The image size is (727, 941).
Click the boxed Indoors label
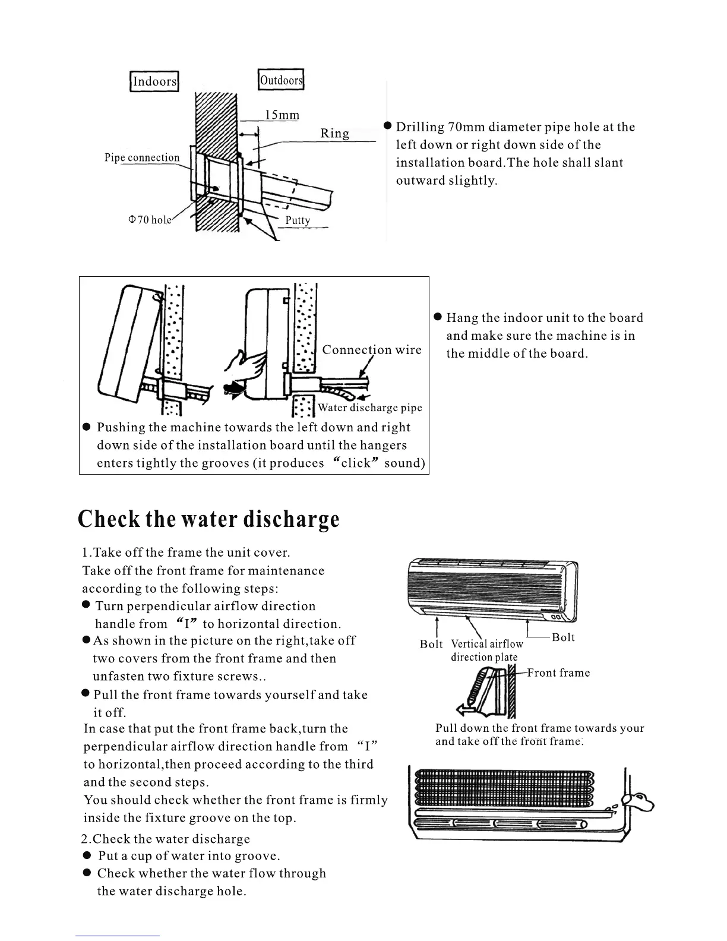[154, 81]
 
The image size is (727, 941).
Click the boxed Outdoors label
[281, 80]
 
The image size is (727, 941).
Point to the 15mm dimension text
[282, 115]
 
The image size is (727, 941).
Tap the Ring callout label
[335, 133]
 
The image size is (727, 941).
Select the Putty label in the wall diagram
[298, 220]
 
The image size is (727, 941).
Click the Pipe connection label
[142, 158]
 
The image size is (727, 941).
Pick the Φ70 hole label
[150, 220]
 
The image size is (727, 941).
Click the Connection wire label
[372, 350]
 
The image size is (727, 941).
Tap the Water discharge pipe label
[370, 408]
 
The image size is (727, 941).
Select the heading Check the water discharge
[208, 519]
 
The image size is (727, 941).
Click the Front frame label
[559, 673]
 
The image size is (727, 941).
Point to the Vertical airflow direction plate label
[486, 651]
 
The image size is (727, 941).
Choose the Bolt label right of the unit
[563, 637]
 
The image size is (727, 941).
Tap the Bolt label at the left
[431, 644]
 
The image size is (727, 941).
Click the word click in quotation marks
[356, 463]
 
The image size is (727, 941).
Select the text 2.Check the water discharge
[166, 839]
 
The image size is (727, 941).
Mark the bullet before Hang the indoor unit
[438, 317]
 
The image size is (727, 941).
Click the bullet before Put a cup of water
[87, 855]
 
